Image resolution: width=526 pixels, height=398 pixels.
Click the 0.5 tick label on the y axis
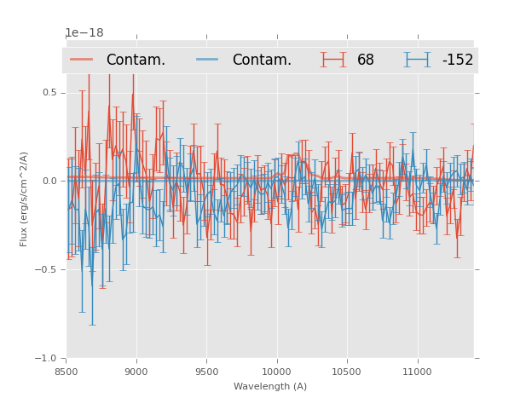(49, 92)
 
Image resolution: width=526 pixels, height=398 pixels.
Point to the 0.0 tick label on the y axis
(49, 181)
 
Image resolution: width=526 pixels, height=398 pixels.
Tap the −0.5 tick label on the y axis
(46, 269)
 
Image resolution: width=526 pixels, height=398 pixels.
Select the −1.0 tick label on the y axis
(46, 358)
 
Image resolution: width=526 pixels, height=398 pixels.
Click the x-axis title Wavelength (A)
(270, 386)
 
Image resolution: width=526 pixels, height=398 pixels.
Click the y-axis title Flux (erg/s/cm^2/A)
(24, 199)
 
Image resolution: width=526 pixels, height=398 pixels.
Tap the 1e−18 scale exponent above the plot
(84, 33)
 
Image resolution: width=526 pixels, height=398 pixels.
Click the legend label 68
(366, 60)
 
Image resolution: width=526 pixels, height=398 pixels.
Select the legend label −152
(457, 60)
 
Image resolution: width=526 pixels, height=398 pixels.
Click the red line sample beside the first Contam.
(82, 60)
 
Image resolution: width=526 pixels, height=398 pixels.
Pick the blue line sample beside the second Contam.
(208, 60)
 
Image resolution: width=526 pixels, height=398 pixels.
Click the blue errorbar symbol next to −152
(418, 60)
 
